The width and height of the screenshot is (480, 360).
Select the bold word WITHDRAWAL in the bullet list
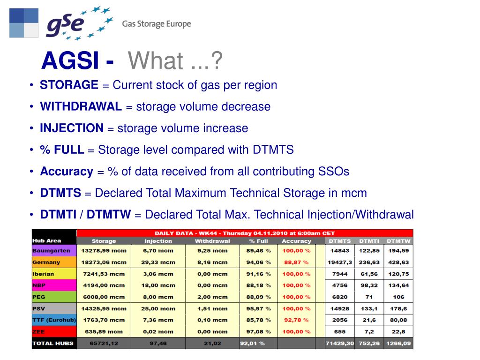(81, 106)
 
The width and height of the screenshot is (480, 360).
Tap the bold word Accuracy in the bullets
(67, 171)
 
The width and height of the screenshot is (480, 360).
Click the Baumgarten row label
(51, 251)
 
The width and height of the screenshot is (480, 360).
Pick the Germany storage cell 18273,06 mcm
(104, 262)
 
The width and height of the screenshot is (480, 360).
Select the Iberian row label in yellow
(44, 274)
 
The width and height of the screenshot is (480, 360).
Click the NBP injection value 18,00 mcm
(159, 285)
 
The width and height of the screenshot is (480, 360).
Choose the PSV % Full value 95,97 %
(258, 308)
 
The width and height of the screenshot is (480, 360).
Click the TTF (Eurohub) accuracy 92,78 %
(296, 320)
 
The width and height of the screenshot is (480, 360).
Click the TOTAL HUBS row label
(53, 344)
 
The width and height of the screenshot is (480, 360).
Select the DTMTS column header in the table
(339, 241)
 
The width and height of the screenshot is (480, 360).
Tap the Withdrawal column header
(212, 241)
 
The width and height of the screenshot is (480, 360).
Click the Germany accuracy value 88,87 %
(296, 262)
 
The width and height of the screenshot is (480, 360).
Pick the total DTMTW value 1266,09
(398, 344)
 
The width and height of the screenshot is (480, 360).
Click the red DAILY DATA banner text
(245, 233)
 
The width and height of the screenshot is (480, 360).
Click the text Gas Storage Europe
(157, 24)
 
